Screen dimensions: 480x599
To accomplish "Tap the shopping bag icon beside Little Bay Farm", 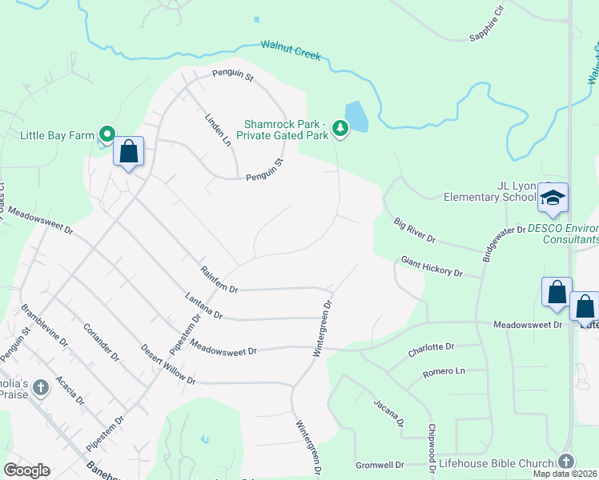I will (x=129, y=151).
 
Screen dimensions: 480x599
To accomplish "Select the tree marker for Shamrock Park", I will (x=340, y=128).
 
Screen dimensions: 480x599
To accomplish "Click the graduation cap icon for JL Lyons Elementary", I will (x=552, y=198).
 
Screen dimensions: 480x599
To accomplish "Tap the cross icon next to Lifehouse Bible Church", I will (x=566, y=462).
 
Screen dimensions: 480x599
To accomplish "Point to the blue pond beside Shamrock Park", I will (x=356, y=117).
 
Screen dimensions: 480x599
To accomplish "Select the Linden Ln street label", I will (x=217, y=129).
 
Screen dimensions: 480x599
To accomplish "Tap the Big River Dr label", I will (x=414, y=229).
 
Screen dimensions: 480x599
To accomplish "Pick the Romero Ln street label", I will (x=444, y=372).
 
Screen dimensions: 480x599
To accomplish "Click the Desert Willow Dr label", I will (x=168, y=364).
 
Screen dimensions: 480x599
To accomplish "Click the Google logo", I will (x=27, y=470).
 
